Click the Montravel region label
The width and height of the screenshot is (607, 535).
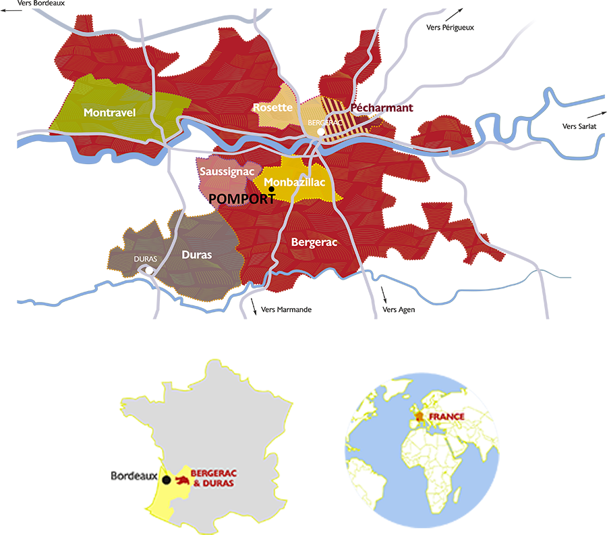[110, 113]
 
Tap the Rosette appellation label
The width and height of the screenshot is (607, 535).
[272, 107]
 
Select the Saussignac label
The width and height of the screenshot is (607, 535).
[226, 172]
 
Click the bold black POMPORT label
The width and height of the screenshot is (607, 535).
[238, 199]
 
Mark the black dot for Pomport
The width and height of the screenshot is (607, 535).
[271, 190]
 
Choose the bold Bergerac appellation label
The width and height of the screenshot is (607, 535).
[314, 241]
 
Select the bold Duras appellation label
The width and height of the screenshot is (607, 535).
[197, 255]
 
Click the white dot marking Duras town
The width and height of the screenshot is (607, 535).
[148, 272]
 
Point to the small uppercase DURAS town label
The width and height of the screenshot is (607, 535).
[146, 259]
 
